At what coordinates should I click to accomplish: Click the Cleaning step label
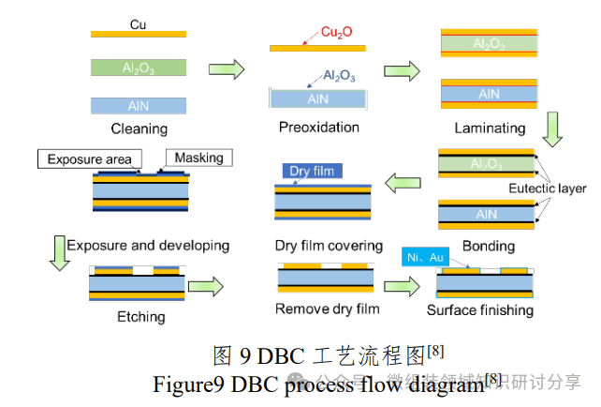click(139, 128)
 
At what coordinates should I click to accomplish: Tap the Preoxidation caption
click(319, 127)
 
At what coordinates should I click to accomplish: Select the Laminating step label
click(489, 127)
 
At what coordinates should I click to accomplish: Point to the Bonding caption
click(489, 246)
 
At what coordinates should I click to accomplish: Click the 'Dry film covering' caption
click(329, 246)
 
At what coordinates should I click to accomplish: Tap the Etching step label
click(141, 317)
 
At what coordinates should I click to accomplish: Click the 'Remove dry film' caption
click(329, 309)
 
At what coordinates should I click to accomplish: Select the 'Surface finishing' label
click(480, 310)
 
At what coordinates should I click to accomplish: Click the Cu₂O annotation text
click(336, 33)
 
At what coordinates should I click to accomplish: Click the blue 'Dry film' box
click(313, 172)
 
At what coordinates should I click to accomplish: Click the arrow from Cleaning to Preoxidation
click(226, 68)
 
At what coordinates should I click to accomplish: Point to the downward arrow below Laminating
click(552, 128)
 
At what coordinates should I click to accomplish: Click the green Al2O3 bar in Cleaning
click(139, 68)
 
